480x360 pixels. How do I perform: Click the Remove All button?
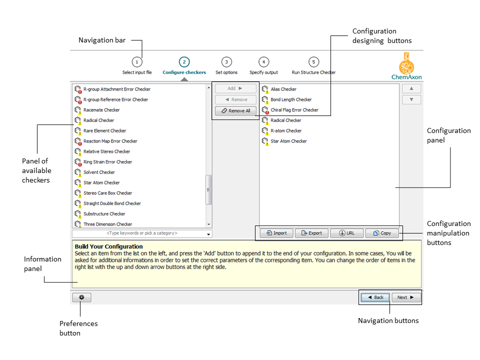(235, 111)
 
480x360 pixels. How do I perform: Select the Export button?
(311, 233)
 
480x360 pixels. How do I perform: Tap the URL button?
(346, 233)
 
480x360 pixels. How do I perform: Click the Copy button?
(382, 233)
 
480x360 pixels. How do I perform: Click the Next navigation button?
(405, 297)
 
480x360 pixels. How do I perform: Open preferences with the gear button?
(81, 297)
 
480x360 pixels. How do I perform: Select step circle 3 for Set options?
(226, 62)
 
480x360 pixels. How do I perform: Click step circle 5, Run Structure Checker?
(313, 62)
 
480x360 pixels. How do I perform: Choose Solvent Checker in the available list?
(99, 172)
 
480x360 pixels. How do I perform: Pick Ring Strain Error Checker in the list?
(107, 162)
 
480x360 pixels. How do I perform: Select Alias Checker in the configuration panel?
(283, 89)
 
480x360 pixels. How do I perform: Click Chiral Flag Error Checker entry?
(294, 110)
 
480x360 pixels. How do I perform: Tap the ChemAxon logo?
(406, 66)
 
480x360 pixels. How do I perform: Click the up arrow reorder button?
(411, 88)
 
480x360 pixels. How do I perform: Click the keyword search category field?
(141, 233)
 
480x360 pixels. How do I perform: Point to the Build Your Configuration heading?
(108, 246)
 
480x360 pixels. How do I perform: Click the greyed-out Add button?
(235, 88)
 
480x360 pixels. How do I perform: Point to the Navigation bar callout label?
(102, 40)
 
